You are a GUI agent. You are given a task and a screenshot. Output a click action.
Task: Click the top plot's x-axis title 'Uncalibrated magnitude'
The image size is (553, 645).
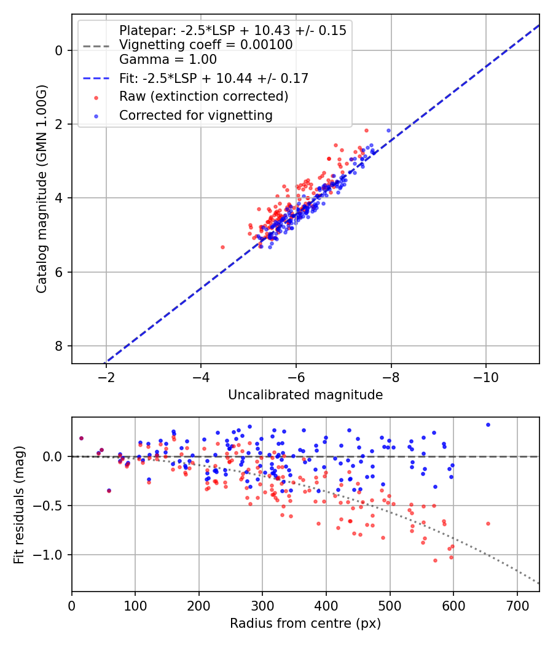tap(305, 395)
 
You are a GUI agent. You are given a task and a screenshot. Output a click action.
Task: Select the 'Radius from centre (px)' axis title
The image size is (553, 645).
tap(305, 623)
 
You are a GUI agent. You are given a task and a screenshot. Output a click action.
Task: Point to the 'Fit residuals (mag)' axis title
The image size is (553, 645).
tap(18, 504)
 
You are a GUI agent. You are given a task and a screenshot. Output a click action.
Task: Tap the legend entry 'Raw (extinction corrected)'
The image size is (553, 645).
tap(203, 96)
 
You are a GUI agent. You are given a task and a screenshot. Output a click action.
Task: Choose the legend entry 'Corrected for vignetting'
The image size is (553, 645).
tap(196, 115)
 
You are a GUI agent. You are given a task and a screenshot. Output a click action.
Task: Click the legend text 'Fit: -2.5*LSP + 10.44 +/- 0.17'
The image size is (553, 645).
tap(214, 78)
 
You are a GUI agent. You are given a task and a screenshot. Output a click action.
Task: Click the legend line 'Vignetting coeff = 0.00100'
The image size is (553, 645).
tap(206, 45)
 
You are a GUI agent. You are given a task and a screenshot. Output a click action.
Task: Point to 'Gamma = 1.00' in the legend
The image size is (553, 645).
tap(168, 60)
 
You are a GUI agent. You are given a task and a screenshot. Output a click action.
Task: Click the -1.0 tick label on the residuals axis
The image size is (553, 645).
tap(53, 555)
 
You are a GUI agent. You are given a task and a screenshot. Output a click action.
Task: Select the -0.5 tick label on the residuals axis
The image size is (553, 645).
tap(53, 506)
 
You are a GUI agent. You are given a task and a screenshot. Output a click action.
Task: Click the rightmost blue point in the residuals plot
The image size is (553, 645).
tap(488, 424)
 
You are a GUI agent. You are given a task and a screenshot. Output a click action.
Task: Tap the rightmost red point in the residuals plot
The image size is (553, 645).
tap(488, 523)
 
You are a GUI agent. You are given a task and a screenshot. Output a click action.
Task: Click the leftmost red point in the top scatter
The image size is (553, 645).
tap(222, 247)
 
